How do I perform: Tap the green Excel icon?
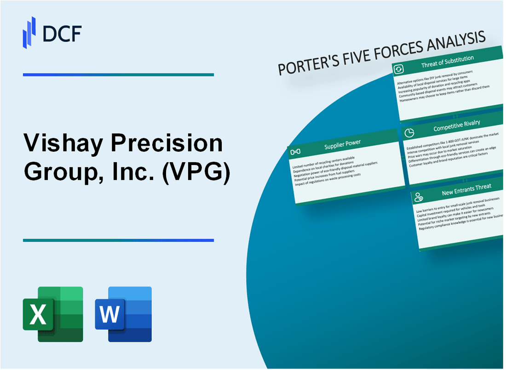point(53,314)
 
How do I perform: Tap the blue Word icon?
point(123,314)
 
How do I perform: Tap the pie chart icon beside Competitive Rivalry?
point(408,132)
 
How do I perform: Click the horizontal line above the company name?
point(118,74)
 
